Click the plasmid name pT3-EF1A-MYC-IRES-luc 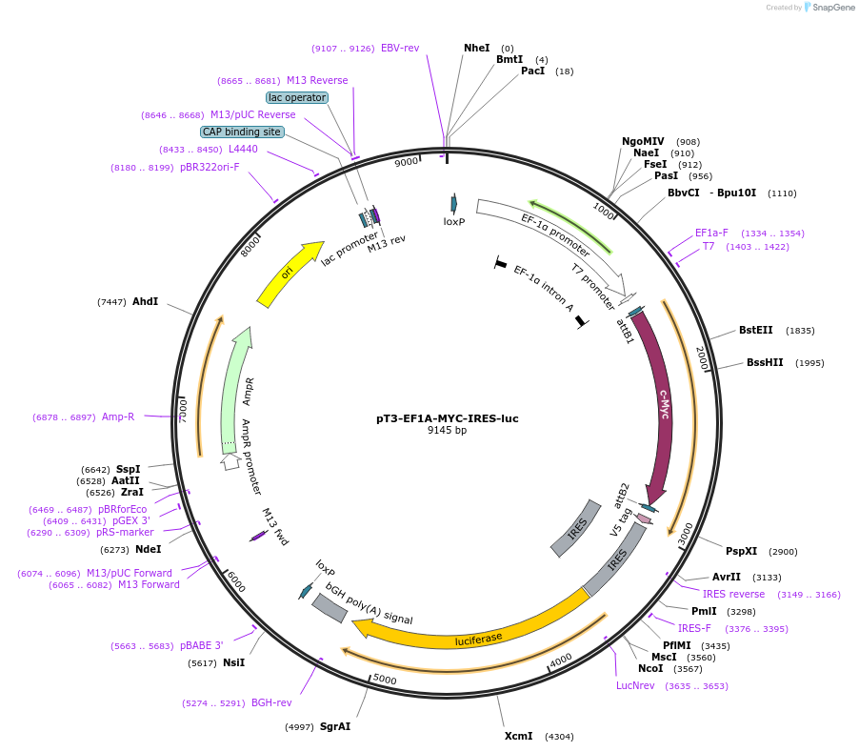[447, 418]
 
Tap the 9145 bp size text [447, 431]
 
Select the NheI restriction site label [476, 48]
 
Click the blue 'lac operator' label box [297, 97]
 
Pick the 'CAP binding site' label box [242, 132]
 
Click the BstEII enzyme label [756, 331]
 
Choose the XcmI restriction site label [519, 736]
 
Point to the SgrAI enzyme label [335, 726]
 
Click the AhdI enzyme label [145, 301]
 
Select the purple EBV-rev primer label [400, 48]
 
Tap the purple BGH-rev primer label [271, 702]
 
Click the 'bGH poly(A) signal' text [370, 604]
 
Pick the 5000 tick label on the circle [385, 679]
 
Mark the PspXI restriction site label [741, 551]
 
